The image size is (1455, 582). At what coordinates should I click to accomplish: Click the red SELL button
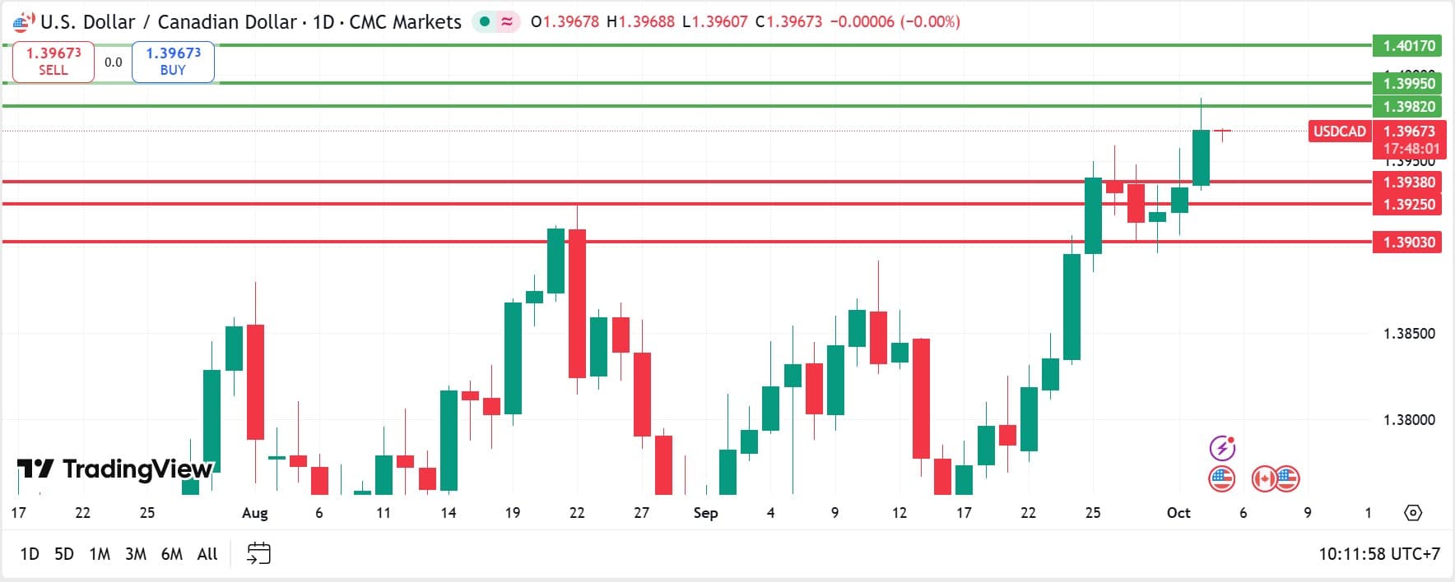[53, 62]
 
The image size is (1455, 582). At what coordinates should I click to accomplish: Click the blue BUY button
[173, 62]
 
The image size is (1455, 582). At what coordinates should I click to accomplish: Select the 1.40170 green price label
[1409, 46]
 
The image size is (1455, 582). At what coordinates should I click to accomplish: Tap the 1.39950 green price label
[1409, 83]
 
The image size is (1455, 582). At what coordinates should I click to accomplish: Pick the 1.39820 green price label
[1409, 106]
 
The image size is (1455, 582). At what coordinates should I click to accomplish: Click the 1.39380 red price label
[1409, 182]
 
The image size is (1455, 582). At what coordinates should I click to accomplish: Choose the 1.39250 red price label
[1409, 204]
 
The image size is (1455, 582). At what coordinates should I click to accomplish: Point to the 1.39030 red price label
[1409, 242]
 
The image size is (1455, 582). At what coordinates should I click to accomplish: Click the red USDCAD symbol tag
[1339, 132]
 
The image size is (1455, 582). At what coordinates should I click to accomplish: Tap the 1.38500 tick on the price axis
[1409, 334]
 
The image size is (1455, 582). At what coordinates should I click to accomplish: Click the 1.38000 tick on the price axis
[1409, 420]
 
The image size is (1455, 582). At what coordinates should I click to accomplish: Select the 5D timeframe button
[64, 554]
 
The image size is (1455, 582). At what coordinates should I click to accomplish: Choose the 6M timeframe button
[171, 554]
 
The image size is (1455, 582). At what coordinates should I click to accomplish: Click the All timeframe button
[207, 554]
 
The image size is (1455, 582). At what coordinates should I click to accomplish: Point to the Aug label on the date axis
[255, 513]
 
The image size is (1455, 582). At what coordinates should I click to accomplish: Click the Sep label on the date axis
[705, 513]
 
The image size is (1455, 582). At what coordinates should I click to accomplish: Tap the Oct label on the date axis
[1178, 513]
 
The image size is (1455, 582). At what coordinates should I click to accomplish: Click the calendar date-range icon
[258, 553]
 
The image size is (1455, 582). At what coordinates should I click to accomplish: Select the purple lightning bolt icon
[1222, 448]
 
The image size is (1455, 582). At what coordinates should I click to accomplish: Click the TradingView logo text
[115, 469]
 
